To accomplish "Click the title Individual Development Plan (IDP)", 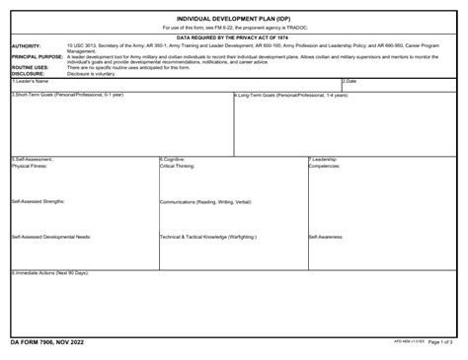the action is tap(233, 18).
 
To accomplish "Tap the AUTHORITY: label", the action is tap(26, 46).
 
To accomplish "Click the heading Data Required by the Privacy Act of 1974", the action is tap(233, 36).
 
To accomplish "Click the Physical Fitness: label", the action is tap(30, 167).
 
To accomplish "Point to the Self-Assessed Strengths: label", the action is tap(39, 201).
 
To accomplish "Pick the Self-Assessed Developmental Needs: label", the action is tap(51, 237).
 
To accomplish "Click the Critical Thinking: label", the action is tap(178, 167).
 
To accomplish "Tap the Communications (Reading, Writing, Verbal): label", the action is tap(204, 201).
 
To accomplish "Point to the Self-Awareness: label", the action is tap(327, 237).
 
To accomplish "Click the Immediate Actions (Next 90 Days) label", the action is tap(50, 272).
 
